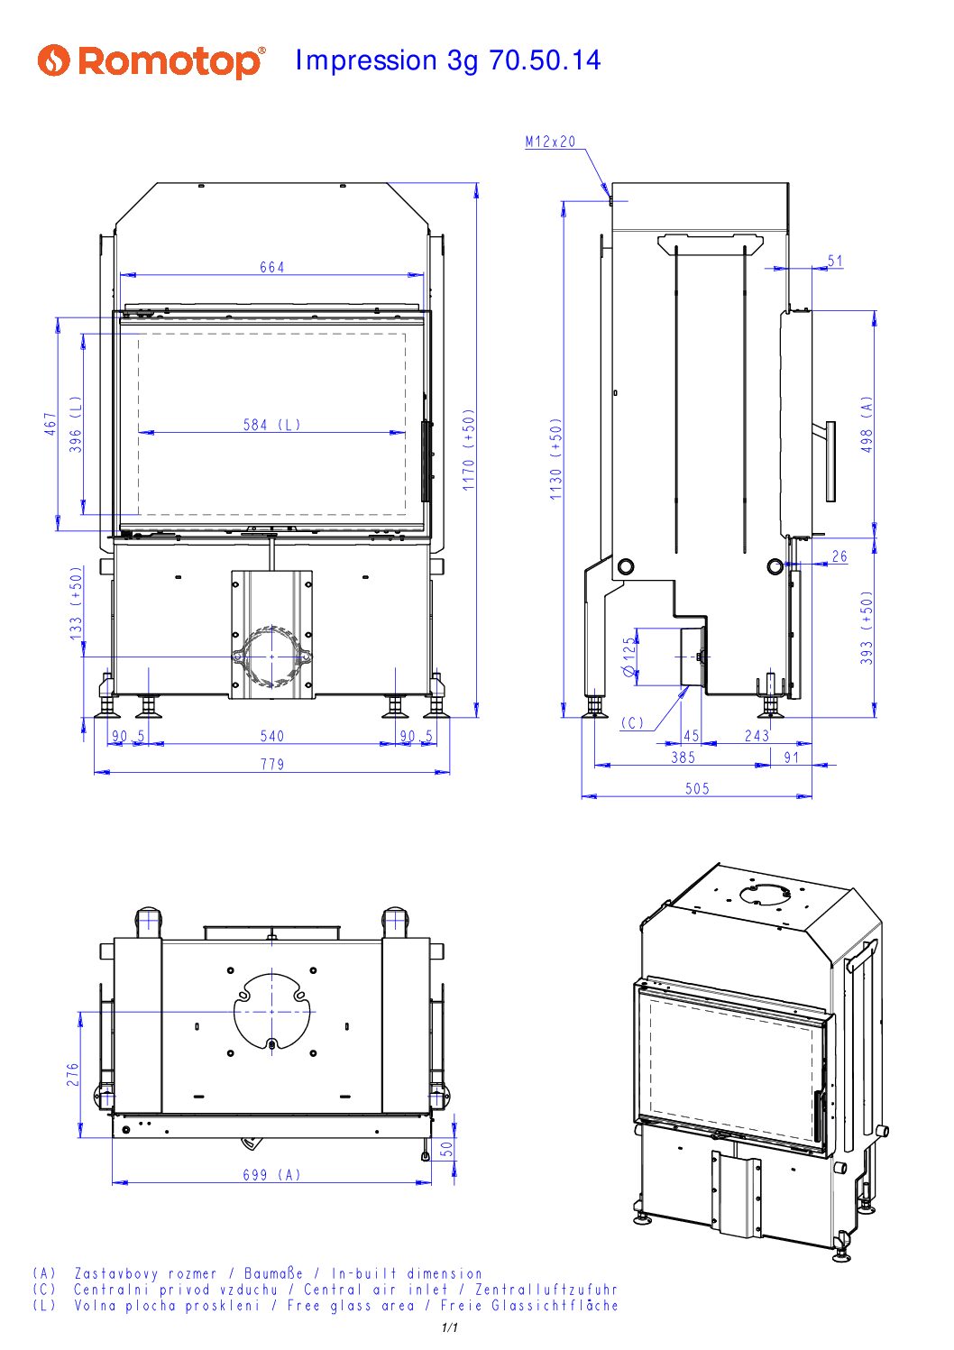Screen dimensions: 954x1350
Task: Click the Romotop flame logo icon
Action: pos(53,60)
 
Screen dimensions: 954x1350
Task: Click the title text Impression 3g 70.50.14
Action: pos(448,60)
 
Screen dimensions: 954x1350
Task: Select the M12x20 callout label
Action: pos(550,142)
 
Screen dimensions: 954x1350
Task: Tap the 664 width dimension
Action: pos(271,267)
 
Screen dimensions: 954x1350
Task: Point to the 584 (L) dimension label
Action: pos(271,425)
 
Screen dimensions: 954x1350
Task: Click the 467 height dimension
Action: pos(50,424)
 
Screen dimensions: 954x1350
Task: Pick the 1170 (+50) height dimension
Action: pos(469,450)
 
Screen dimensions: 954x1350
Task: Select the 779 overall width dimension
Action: pos(272,764)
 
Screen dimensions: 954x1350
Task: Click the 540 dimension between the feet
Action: pos(271,736)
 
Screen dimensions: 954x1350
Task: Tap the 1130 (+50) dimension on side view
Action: pos(555,459)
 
